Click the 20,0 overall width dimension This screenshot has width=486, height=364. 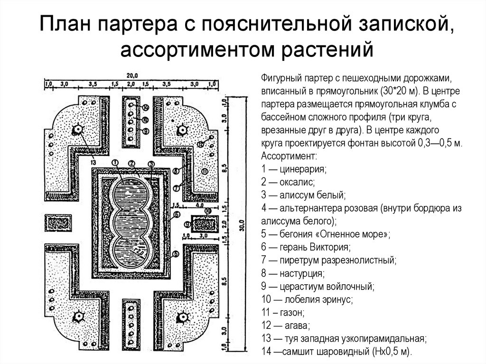pyautogui.click(x=131, y=75)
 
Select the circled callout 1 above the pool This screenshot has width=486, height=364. pyautogui.click(x=114, y=162)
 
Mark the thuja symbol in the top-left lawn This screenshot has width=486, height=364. pyautogui.click(x=76, y=130)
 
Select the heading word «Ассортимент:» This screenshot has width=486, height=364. pyautogui.click(x=286, y=156)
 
